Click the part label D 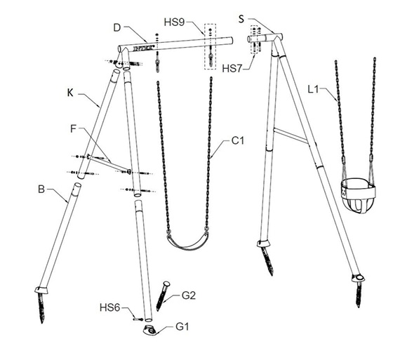pyautogui.click(x=117, y=27)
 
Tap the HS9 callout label pyautogui.click(x=175, y=22)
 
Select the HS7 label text pyautogui.click(x=232, y=69)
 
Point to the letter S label pyautogui.click(x=241, y=19)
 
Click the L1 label pyautogui.click(x=313, y=90)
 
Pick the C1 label pyautogui.click(x=238, y=140)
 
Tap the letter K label pyautogui.click(x=70, y=93)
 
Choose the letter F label pyautogui.click(x=74, y=128)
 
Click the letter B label pyautogui.click(x=41, y=189)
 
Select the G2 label pyautogui.click(x=189, y=295)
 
